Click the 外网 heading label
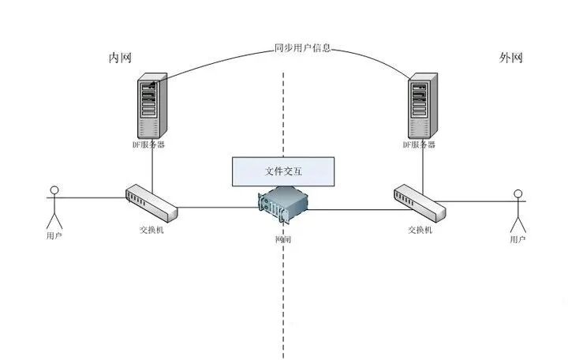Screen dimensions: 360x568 511,58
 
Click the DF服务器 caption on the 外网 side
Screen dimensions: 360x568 420,144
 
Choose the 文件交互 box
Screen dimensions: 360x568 283,171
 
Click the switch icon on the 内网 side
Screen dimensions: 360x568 151,204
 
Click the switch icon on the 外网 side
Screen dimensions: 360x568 420,202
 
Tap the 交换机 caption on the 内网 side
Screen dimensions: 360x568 151,230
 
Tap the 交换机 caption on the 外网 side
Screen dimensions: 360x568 420,230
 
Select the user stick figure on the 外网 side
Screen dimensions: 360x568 518,208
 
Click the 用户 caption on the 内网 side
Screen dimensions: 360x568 54,235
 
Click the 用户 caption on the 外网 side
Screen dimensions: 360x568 518,238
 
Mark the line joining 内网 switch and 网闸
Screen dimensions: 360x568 217,208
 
